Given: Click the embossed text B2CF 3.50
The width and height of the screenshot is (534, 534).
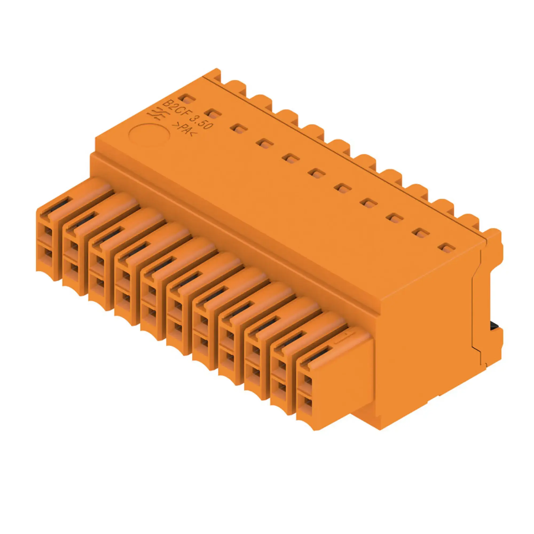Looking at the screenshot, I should [188, 116].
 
